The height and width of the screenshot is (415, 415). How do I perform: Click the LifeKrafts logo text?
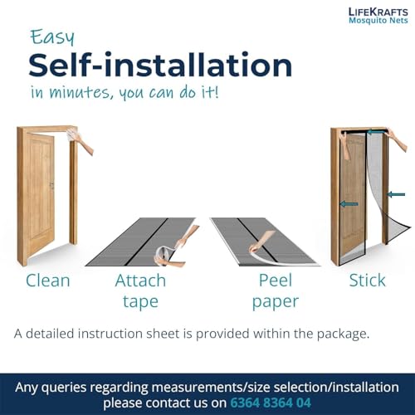pyautogui.click(x=378, y=12)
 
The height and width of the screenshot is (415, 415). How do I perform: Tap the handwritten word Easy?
pyautogui.click(x=52, y=37)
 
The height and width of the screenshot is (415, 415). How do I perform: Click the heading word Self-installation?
pyautogui.click(x=160, y=65)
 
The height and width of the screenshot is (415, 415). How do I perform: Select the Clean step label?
pyautogui.click(x=47, y=281)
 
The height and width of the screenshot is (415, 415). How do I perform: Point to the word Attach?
pyautogui.click(x=140, y=281)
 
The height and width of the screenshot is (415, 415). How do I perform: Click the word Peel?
pyautogui.click(x=276, y=281)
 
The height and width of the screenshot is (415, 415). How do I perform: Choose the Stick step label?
pyautogui.click(x=367, y=281)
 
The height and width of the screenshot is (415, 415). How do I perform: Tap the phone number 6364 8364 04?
pyautogui.click(x=271, y=403)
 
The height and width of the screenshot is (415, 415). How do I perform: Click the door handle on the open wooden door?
pyautogui.click(x=51, y=185)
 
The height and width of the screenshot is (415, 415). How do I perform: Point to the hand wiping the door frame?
pyautogui.click(x=81, y=142)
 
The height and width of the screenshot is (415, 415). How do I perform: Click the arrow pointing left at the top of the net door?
pyautogui.click(x=376, y=133)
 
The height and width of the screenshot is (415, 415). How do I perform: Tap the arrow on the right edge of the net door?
pyautogui.click(x=396, y=194)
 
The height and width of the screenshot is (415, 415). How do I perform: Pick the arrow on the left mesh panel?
pyautogui.click(x=349, y=204)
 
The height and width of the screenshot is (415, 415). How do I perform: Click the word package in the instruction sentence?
pyautogui.click(x=343, y=334)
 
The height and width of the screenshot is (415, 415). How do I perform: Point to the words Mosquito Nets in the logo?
pyautogui.click(x=378, y=21)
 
